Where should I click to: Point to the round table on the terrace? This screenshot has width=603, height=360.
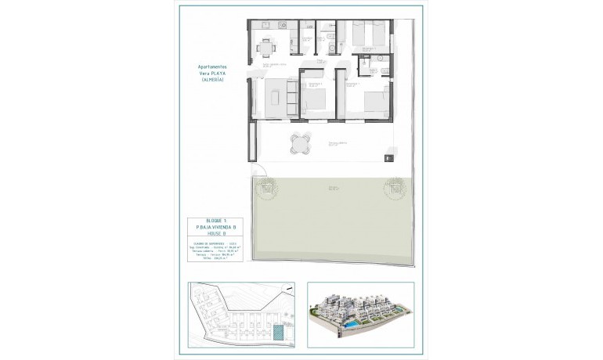[x=301, y=144]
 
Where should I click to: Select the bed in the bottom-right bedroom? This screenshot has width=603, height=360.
[x=372, y=106]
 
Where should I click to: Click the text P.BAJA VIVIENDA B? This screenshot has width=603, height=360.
[x=215, y=228]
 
